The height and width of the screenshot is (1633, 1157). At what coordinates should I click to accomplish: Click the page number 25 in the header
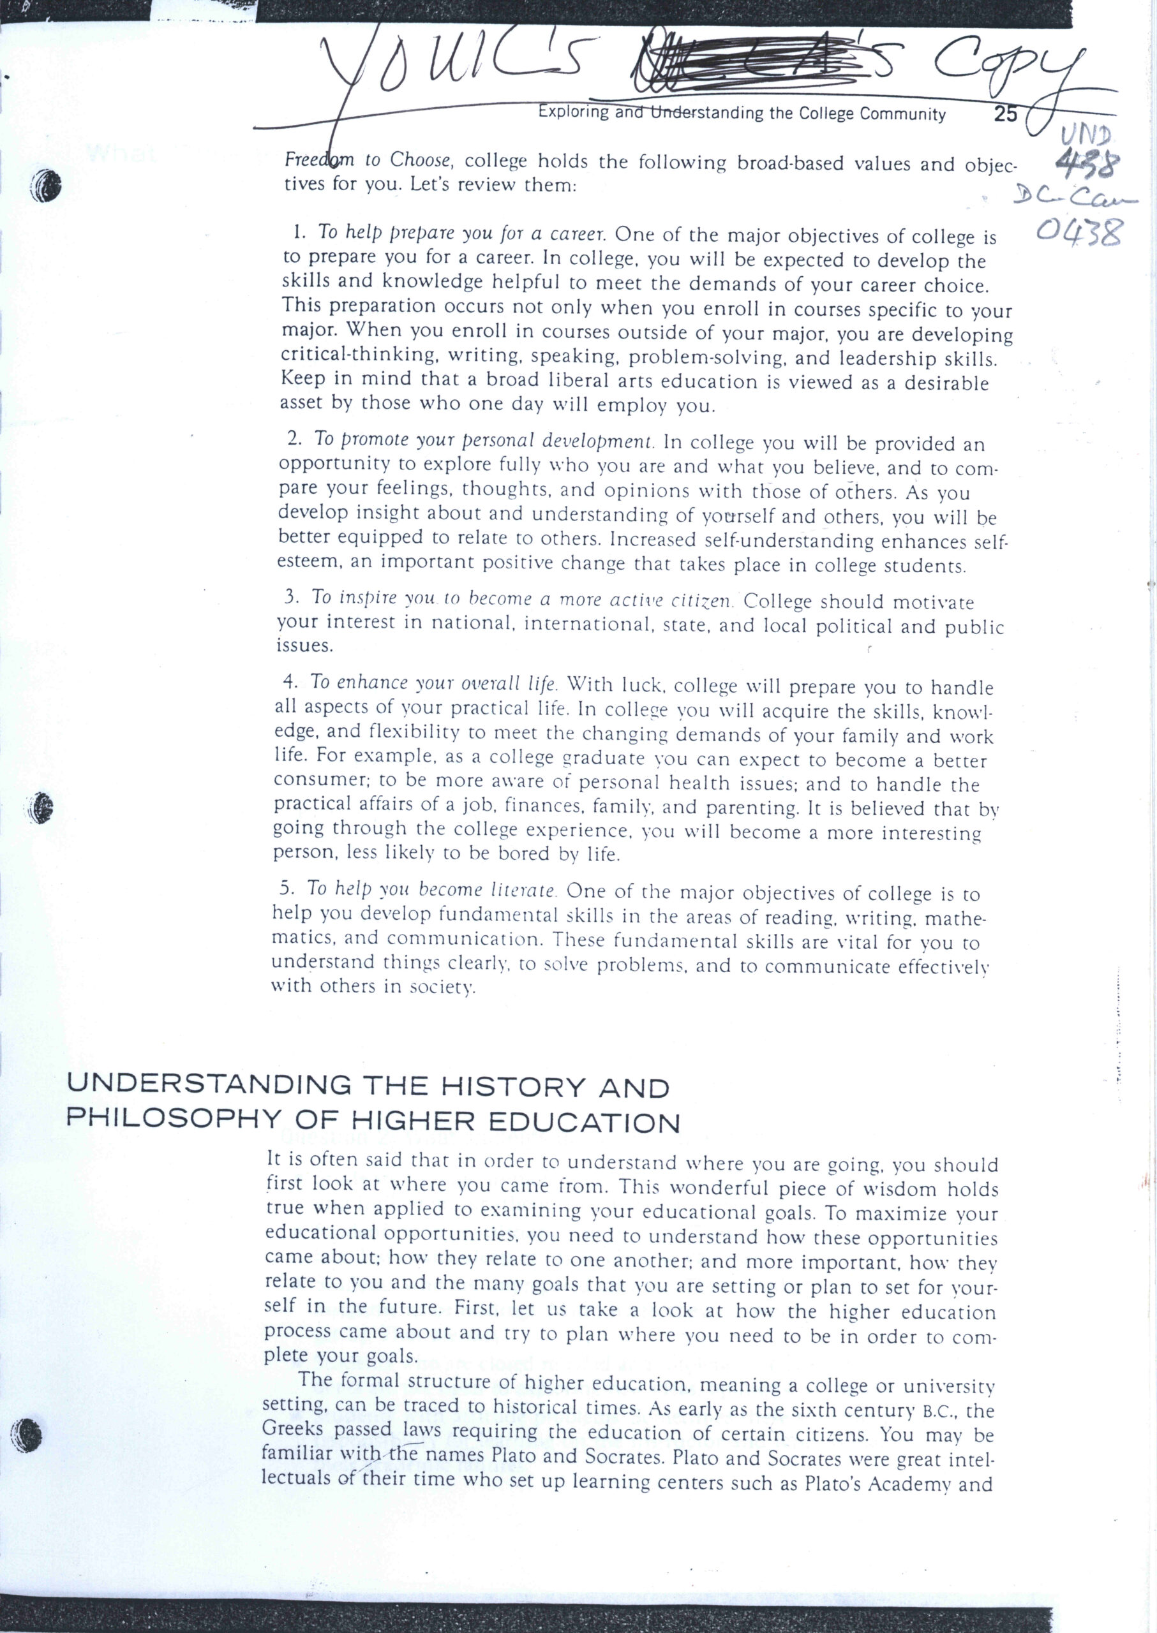pyautogui.click(x=1006, y=114)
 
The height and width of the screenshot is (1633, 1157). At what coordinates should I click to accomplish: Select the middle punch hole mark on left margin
pyautogui.click(x=44, y=806)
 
